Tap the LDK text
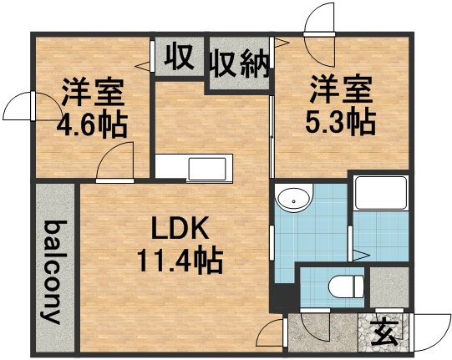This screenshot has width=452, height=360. click(x=180, y=229)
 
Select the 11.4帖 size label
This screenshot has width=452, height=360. click(x=180, y=261)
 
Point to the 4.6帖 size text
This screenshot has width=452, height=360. click(x=92, y=126)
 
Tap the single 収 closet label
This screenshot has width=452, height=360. click(x=179, y=57)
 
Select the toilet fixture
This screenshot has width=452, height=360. click(x=346, y=286)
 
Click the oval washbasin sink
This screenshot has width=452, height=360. click(x=293, y=198)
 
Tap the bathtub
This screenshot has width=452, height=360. click(x=381, y=193)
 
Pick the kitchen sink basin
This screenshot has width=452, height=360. click(x=208, y=169)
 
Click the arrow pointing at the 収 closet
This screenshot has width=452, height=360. click(x=142, y=66)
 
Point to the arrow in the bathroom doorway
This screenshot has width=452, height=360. click(x=360, y=255)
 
